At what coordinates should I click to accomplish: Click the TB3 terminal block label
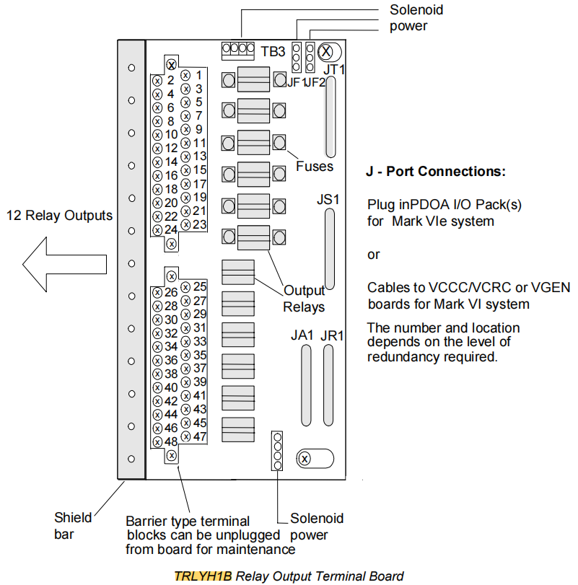click(x=273, y=51)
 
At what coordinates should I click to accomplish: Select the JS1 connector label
click(x=328, y=198)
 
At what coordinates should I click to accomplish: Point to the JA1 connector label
click(x=302, y=335)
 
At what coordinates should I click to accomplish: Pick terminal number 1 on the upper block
click(x=198, y=74)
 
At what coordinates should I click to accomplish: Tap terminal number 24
click(x=170, y=230)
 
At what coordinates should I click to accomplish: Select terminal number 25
click(x=200, y=287)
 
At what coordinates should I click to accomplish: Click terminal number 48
click(x=170, y=441)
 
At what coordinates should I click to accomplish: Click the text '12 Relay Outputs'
click(x=59, y=216)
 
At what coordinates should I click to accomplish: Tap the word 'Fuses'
click(x=314, y=167)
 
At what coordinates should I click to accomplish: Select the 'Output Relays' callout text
click(x=304, y=299)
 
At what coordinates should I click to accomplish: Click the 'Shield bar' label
click(x=73, y=525)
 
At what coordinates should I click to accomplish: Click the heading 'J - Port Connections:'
click(x=437, y=173)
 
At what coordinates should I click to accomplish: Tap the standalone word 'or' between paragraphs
click(x=374, y=255)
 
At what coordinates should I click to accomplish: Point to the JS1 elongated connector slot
click(x=329, y=249)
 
